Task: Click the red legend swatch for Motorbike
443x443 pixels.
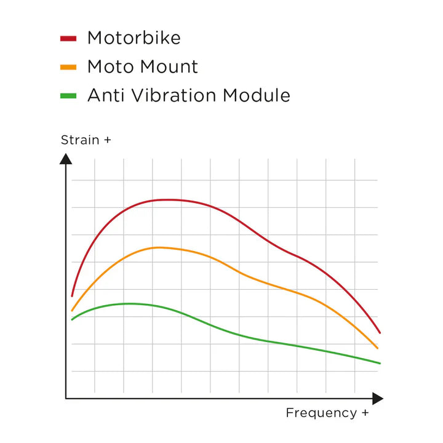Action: [68, 38]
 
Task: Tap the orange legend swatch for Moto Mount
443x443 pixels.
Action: [68, 67]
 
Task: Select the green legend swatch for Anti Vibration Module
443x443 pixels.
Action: [68, 96]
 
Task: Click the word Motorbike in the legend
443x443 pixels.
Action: [134, 38]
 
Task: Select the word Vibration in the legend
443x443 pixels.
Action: [170, 96]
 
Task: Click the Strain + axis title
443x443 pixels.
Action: [86, 140]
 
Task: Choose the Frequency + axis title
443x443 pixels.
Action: [327, 413]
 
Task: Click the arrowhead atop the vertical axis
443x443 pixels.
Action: [66, 158]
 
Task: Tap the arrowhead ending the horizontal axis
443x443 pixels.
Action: [377, 399]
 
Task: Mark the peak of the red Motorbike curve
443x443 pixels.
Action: [168, 199]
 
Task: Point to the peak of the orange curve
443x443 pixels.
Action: [159, 247]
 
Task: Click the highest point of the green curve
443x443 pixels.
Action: [130, 303]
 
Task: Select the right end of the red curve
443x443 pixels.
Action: [380, 333]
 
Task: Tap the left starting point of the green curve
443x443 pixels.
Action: [72, 319]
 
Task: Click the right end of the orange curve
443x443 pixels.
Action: [378, 348]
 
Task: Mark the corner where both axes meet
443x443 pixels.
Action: [66, 399]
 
